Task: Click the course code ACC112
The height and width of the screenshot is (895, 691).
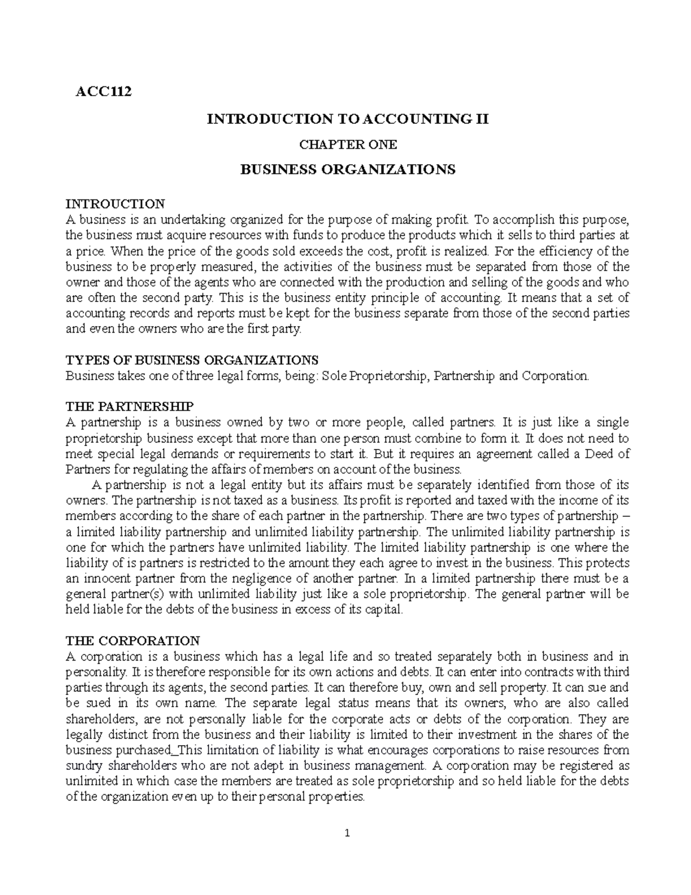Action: tap(104, 91)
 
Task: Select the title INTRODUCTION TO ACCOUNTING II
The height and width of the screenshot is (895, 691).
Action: tap(347, 119)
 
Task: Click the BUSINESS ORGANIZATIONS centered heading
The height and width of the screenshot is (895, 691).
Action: tap(347, 169)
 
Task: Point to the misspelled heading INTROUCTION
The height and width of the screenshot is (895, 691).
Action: tap(115, 203)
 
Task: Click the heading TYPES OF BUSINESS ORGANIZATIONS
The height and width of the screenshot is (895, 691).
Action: tap(192, 360)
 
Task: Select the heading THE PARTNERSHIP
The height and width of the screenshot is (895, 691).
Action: tap(130, 407)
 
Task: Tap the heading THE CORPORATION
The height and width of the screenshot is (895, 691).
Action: tap(132, 641)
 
